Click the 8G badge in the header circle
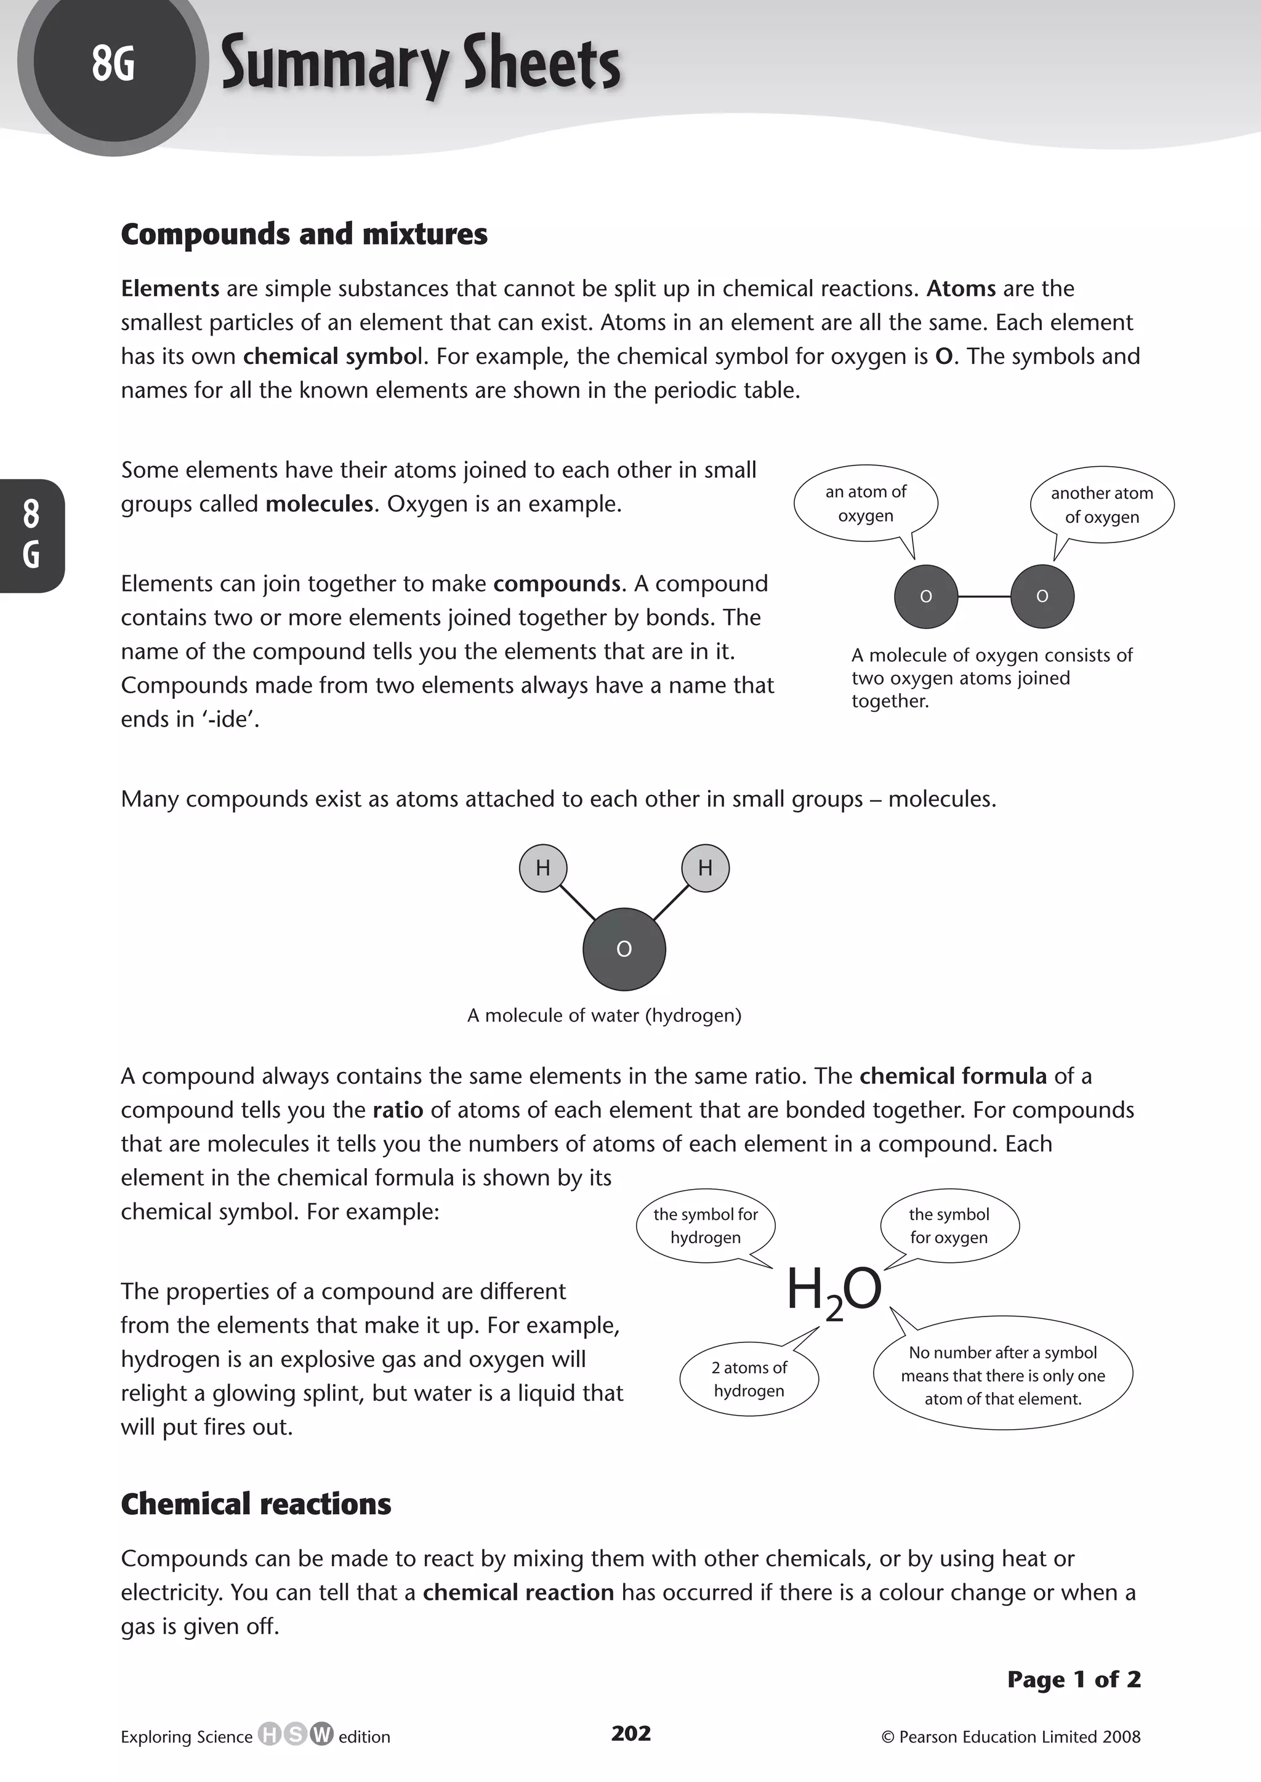pos(113,63)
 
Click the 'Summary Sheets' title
pos(420,65)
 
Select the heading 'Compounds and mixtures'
pos(304,234)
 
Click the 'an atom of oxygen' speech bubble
pos(865,503)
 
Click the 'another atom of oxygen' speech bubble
pos(1101,505)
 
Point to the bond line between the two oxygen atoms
pos(984,596)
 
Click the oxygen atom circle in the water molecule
pos(624,949)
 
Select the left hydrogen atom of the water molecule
pos(542,868)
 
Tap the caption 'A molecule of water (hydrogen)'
pos(604,1015)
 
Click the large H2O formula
pos(834,1291)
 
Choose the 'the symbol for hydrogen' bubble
pos(705,1225)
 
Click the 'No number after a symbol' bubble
pos(1002,1375)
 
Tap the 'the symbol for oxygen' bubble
pos(949,1225)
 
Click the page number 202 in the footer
pos(630,1733)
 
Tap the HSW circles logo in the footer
pos(295,1734)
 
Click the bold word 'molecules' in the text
pos(319,504)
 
